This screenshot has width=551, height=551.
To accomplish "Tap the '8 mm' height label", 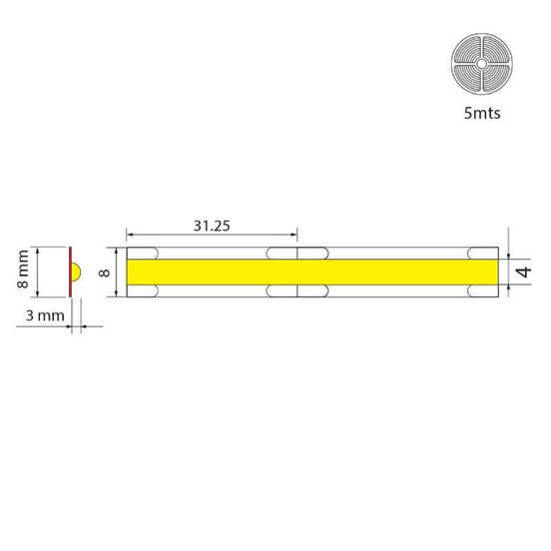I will point(23,272).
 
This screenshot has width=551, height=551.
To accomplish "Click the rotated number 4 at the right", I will point(522,272).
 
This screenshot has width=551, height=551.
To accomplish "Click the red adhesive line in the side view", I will point(69,272).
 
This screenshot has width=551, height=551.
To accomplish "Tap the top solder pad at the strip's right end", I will point(484,252).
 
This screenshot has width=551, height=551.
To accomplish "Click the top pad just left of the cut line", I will point(282,252).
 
